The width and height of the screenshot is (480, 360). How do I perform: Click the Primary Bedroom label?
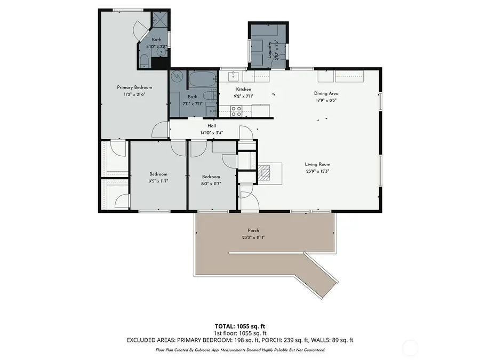134,87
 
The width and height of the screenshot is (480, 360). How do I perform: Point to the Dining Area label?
326,93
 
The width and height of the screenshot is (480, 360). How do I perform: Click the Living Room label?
318,164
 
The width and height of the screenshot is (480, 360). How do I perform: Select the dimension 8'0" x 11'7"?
211,183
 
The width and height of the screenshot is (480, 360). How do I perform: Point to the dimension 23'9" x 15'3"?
318,171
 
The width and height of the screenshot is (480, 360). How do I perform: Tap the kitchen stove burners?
236,110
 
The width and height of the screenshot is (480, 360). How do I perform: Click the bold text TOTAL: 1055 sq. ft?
239,325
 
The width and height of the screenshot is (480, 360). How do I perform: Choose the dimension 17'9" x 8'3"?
326,100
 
